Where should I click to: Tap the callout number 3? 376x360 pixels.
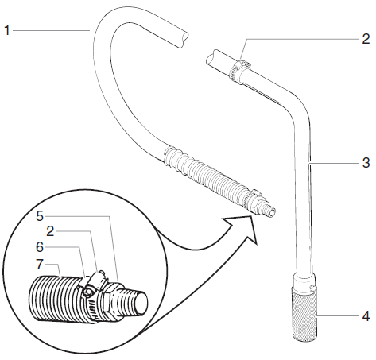click(x=365, y=164)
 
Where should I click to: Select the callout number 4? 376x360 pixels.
click(x=365, y=316)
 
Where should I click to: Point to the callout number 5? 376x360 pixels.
click(x=41, y=215)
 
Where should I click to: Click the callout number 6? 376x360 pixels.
click(x=41, y=247)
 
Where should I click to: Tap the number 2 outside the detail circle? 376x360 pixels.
click(x=365, y=38)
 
